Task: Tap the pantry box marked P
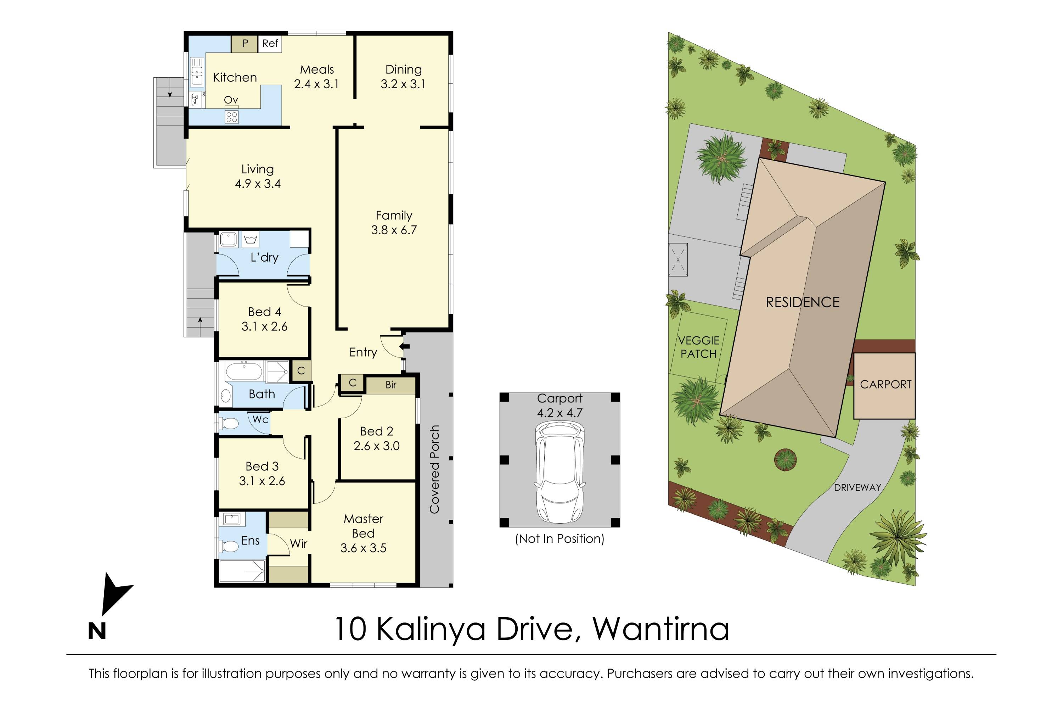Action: pyautogui.click(x=245, y=43)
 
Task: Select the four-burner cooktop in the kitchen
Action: pyautogui.click(x=231, y=117)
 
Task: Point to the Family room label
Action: pyautogui.click(x=394, y=215)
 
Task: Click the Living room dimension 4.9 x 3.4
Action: pyautogui.click(x=258, y=184)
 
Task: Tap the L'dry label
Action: pyautogui.click(x=264, y=257)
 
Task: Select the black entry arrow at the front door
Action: pyautogui.click(x=405, y=347)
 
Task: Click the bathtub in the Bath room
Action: pyautogui.click(x=244, y=372)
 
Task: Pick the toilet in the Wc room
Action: pyautogui.click(x=229, y=424)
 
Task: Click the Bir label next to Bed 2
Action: pyautogui.click(x=390, y=385)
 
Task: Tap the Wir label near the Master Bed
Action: pyautogui.click(x=298, y=543)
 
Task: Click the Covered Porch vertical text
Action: pyautogui.click(x=434, y=469)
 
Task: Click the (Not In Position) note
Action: pyautogui.click(x=559, y=538)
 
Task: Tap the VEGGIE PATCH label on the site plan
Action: pyautogui.click(x=698, y=347)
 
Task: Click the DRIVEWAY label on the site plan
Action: pyautogui.click(x=857, y=487)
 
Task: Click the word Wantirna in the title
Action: pyautogui.click(x=661, y=629)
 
